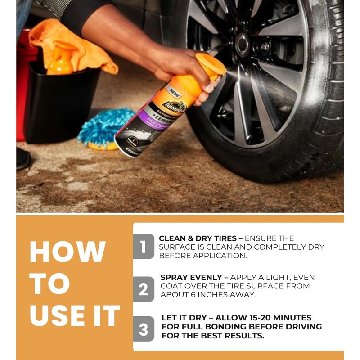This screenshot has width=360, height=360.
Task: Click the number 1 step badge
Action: [x=143, y=247]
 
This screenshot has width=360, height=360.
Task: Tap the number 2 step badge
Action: [x=143, y=289]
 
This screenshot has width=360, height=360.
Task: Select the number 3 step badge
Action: [x=143, y=329]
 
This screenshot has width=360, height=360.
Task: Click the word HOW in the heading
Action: [x=68, y=252]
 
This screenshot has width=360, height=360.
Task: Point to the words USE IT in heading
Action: [x=75, y=315]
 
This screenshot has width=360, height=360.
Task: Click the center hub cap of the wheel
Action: [x=243, y=44]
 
